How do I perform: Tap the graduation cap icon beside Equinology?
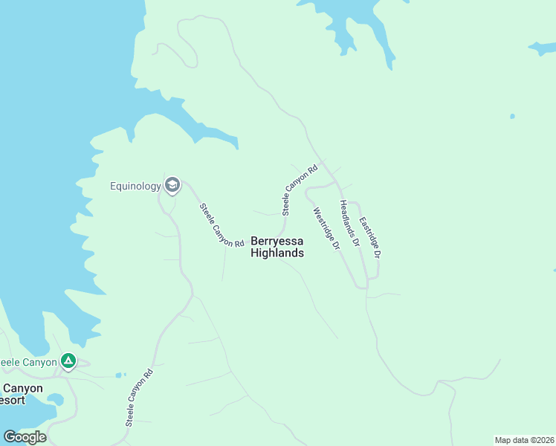coord(172,184)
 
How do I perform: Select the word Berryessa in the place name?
coord(277,241)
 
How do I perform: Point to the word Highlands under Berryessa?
coord(277,253)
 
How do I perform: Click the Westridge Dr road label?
coord(326,227)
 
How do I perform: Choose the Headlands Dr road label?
coord(349,223)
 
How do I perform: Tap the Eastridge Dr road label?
coord(370,236)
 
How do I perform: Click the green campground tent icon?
coord(68,361)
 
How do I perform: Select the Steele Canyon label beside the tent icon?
coord(28,362)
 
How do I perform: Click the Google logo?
coord(25,437)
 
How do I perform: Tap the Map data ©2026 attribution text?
coord(524,440)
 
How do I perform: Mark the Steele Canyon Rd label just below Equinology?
coord(222,224)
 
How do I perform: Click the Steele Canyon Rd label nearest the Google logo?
coord(139,397)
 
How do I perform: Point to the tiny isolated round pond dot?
coord(512,116)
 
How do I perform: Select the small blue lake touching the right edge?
coord(543,48)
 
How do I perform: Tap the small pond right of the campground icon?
coord(120,375)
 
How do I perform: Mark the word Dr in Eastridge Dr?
coord(378,252)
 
